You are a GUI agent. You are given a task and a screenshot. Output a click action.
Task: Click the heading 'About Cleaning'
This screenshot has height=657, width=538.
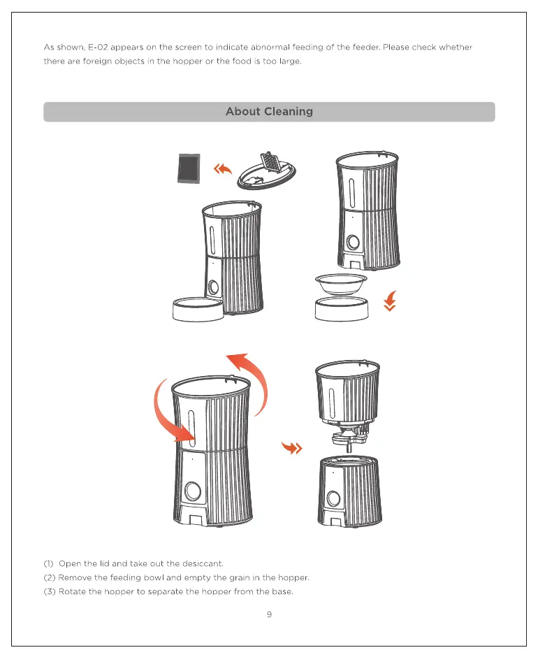pyautogui.click(x=269, y=112)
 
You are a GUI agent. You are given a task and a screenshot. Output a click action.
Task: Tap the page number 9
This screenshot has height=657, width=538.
pyautogui.click(x=269, y=614)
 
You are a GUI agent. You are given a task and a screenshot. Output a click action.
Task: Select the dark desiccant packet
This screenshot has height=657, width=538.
pyautogui.click(x=189, y=168)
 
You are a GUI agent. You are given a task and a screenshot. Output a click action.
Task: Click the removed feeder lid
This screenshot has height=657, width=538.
pyautogui.click(x=266, y=171)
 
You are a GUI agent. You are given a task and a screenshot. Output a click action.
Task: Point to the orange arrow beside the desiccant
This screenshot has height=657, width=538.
pyautogui.click(x=222, y=169)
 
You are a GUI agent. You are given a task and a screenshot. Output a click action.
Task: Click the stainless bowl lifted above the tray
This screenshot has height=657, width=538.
pyautogui.click(x=342, y=284)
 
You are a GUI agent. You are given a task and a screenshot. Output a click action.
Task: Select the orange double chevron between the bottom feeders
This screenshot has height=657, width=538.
pyautogui.click(x=291, y=448)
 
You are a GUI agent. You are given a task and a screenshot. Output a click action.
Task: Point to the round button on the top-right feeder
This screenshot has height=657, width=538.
pyautogui.click(x=353, y=243)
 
